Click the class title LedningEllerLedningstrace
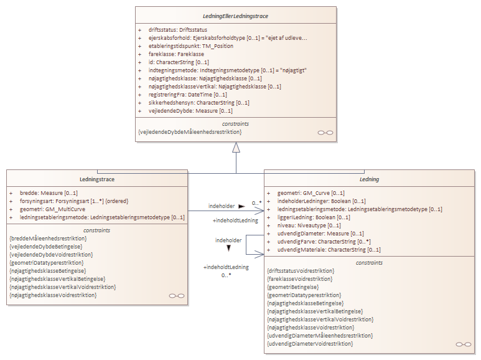point(236,16)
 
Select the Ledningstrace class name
point(97,179)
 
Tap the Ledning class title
point(370,179)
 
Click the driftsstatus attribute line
point(177,30)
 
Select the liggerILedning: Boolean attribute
point(309,217)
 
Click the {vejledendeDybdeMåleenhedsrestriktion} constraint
point(190,132)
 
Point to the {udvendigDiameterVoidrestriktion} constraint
point(309,343)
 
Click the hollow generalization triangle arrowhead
point(236,148)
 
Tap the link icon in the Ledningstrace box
point(177,296)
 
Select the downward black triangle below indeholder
point(228,248)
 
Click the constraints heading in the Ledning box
point(369,263)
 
